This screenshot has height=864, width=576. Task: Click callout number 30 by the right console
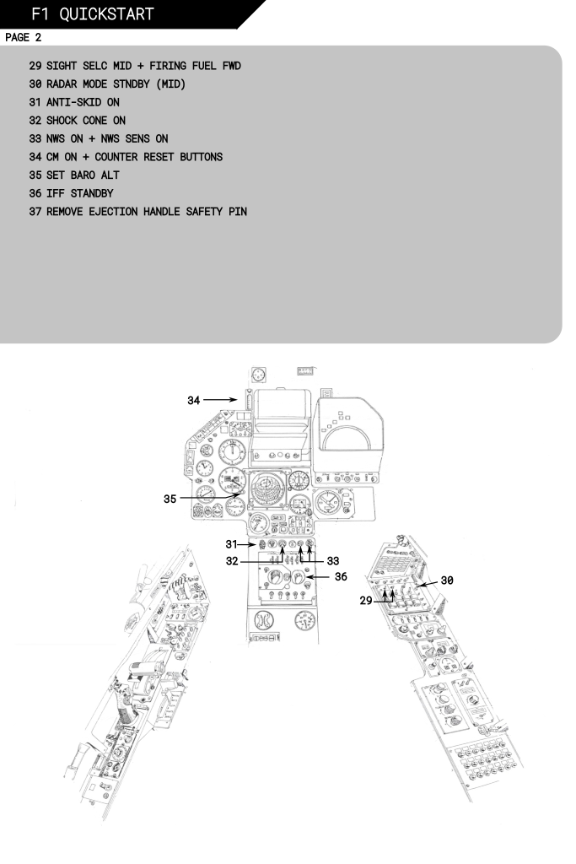pyautogui.click(x=448, y=580)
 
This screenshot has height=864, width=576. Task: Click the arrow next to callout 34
pyautogui.click(x=223, y=401)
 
